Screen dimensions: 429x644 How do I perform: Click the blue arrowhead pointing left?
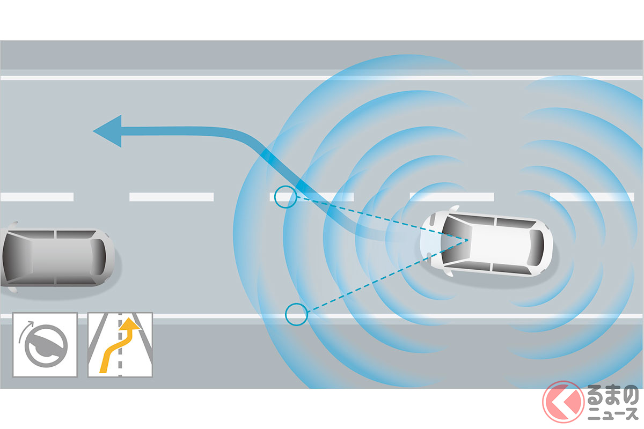tap(107, 131)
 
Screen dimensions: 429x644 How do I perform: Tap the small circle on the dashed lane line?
tap(284, 197)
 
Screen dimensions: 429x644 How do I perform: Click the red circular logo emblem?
tap(563, 402)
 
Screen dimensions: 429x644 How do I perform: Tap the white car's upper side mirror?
tap(453, 209)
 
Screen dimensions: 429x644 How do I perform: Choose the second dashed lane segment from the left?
tap(171, 197)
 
